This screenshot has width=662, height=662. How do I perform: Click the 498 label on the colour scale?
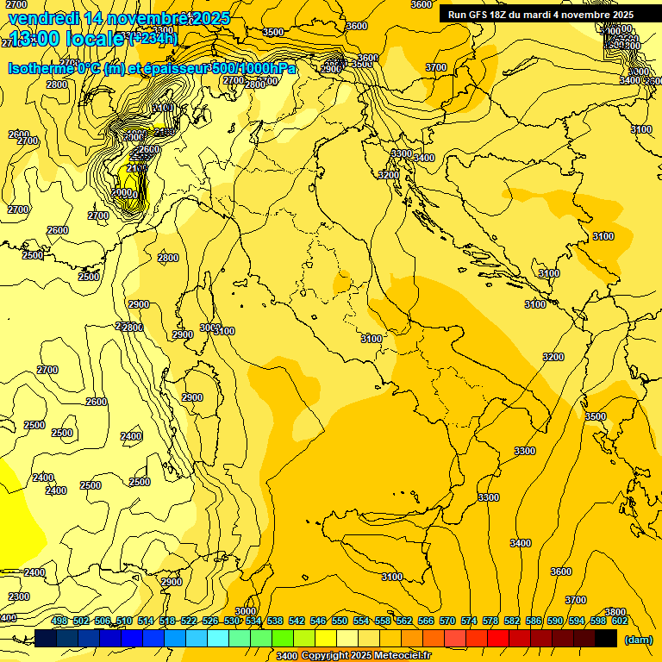pyautogui.click(x=59, y=621)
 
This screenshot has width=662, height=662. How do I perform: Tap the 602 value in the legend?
pyautogui.click(x=619, y=621)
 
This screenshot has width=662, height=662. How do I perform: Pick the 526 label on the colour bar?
pyautogui.click(x=210, y=621)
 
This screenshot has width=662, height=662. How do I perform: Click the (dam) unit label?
pyautogui.click(x=638, y=639)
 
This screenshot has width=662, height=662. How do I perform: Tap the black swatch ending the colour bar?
pyautogui.click(x=606, y=638)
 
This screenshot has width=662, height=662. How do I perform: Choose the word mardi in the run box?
pyautogui.click(x=540, y=15)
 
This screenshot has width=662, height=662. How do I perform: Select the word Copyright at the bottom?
pyautogui.click(x=326, y=656)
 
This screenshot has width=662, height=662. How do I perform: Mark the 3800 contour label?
pyautogui.click(x=615, y=612)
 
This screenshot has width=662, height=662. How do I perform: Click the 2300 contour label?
pyautogui.click(x=18, y=596)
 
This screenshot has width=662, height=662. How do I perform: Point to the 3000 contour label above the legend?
pyautogui.click(x=246, y=611)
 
